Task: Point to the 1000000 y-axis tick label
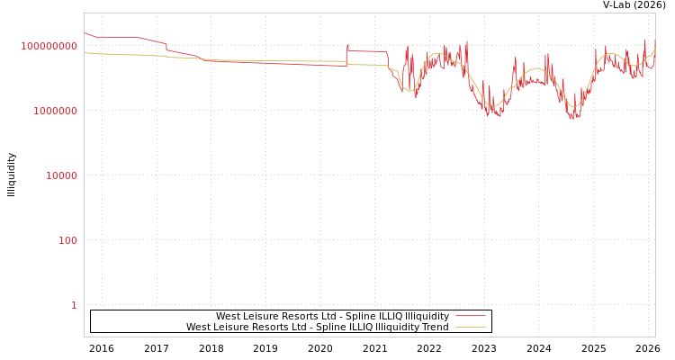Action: pos(56,111)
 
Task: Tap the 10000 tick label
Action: pos(61,175)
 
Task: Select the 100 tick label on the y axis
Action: pos(68,240)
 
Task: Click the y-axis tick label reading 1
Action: pos(74,305)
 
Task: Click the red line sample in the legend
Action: pos(470,317)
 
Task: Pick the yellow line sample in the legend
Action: pos(470,328)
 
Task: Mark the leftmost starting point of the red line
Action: pos(85,33)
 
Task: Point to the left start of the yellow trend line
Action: pos(85,53)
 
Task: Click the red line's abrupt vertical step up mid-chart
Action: pos(346,57)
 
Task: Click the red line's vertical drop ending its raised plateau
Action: pos(388,58)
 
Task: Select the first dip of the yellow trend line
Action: pos(410,91)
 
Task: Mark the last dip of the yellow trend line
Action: pos(573,107)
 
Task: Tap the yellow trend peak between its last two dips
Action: pos(537,68)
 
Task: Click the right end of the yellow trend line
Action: pos(654,52)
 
